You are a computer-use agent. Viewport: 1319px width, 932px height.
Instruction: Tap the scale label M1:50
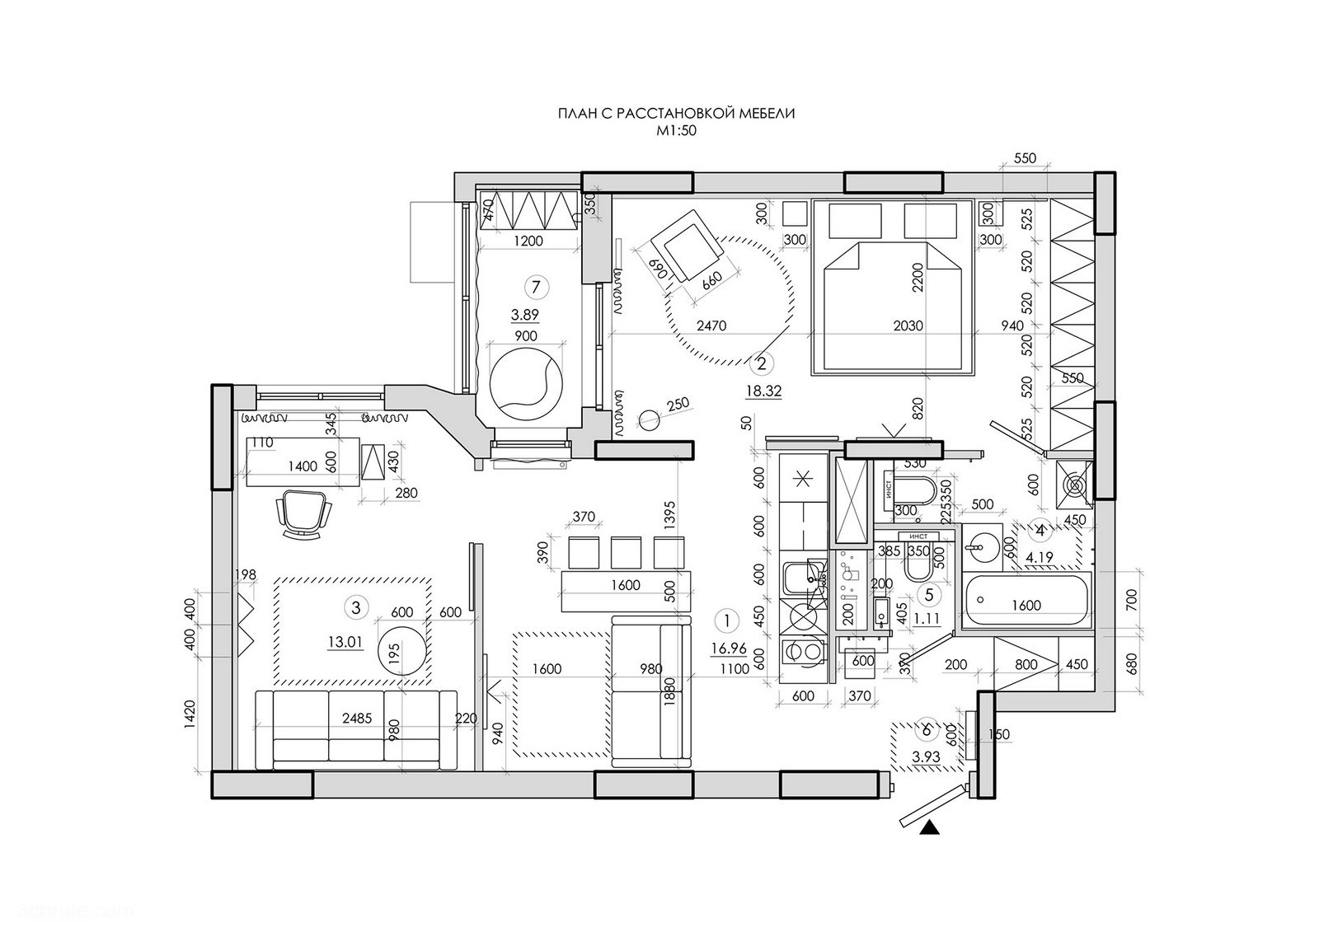(676, 130)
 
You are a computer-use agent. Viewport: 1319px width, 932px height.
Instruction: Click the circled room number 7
(537, 287)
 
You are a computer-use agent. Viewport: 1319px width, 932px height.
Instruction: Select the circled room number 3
(356, 608)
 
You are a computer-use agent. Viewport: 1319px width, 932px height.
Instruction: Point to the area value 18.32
(763, 392)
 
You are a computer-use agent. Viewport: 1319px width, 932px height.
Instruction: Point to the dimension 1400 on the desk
(303, 466)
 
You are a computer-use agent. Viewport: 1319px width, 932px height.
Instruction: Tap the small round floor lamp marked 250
(650, 419)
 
